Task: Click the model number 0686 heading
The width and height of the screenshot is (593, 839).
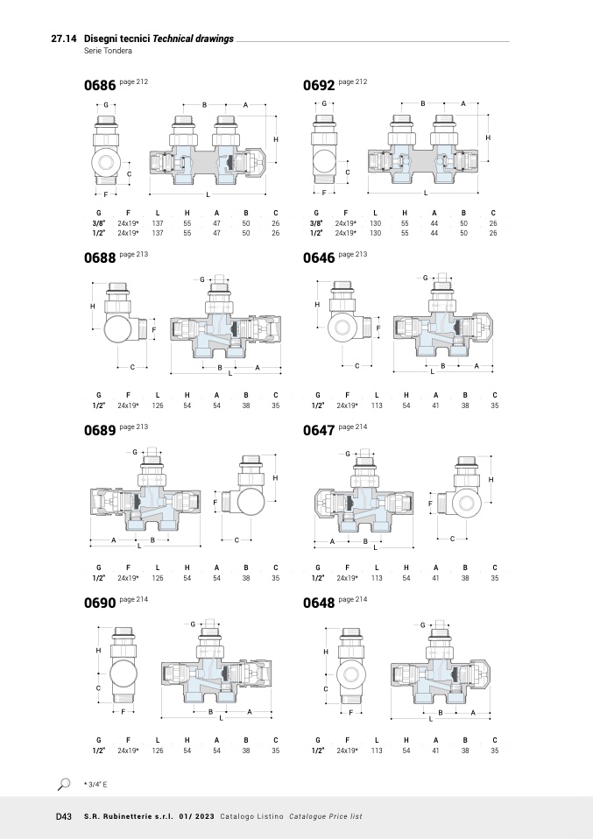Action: pos(99,86)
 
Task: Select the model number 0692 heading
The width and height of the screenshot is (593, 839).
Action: pos(319,86)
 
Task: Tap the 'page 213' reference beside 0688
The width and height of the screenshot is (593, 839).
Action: pos(134,253)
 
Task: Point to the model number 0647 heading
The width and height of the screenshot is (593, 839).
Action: pos(319,431)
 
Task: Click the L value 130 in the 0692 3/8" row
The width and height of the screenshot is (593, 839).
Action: pos(375,223)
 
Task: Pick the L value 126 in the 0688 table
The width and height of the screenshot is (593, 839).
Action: pos(158,405)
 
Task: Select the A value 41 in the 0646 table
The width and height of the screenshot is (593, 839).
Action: pos(434,405)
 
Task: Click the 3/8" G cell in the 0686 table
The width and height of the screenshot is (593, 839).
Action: pos(99,223)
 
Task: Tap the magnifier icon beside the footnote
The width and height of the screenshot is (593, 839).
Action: pos(64,784)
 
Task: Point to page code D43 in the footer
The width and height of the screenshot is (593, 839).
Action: pos(63,816)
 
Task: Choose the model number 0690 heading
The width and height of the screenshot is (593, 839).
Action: pos(99,603)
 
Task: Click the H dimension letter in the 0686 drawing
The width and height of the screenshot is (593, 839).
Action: pos(276,139)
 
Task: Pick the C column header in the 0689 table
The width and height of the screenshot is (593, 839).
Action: pos(275,568)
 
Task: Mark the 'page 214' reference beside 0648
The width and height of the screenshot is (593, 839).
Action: pos(353,598)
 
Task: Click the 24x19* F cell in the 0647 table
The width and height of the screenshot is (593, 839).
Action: pos(348,578)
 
